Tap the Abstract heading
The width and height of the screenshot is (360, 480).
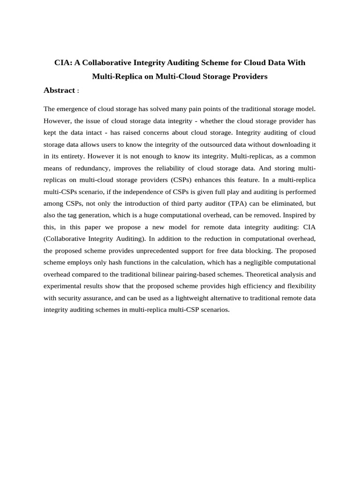(x=59, y=90)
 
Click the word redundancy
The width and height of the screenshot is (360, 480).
(x=90, y=168)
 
